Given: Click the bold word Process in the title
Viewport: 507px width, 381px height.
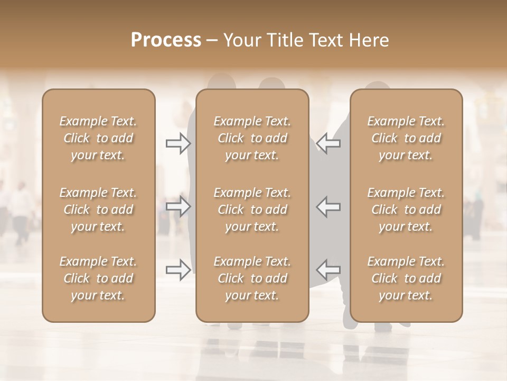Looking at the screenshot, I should pos(166,40).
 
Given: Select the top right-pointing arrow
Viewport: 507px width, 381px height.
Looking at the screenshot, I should pos(179,143).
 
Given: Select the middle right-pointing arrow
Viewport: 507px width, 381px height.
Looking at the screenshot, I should pos(179,206).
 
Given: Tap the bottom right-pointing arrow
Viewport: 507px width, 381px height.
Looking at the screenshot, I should pos(179,270).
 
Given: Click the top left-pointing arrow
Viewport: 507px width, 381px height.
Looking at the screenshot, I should pos(328,143).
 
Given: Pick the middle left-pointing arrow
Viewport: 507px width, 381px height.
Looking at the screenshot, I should pos(328,206).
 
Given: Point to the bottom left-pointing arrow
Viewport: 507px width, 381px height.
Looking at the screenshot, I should pos(328,270).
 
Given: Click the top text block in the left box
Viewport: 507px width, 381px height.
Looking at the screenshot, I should pos(98,138).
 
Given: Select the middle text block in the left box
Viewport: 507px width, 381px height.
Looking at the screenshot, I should pos(98,210).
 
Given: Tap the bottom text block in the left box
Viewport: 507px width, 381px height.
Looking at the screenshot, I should pos(98,278).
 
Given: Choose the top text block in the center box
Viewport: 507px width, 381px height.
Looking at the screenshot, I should pos(252,138).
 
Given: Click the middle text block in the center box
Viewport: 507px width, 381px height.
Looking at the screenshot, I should pos(252,210).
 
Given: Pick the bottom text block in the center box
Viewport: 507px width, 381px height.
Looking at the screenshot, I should pos(252,278).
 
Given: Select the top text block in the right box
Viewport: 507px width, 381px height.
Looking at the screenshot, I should pos(406,138).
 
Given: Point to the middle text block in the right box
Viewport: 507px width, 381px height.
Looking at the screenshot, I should pos(406,210).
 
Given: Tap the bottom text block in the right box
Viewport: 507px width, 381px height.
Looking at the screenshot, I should pos(406,278).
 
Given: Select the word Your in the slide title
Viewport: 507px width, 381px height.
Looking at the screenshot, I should pos(241,40).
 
